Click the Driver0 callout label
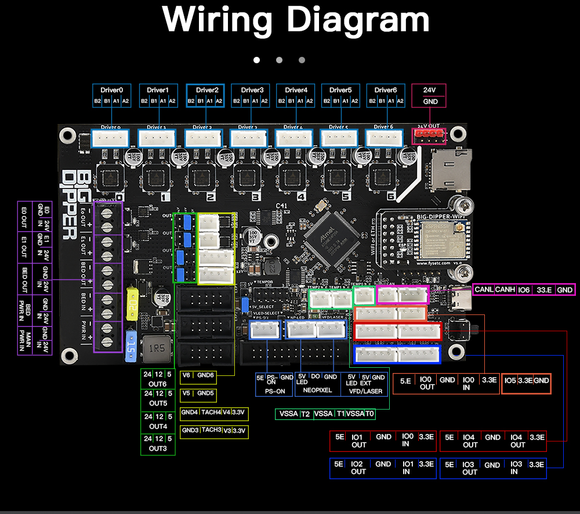click(x=112, y=90)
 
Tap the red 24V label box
click(x=429, y=90)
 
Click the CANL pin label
click(x=483, y=289)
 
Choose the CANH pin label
click(x=505, y=289)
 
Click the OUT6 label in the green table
click(x=158, y=384)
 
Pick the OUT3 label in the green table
click(x=158, y=448)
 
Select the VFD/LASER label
click(x=365, y=391)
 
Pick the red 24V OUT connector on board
click(x=429, y=136)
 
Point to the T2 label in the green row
click(x=305, y=414)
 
